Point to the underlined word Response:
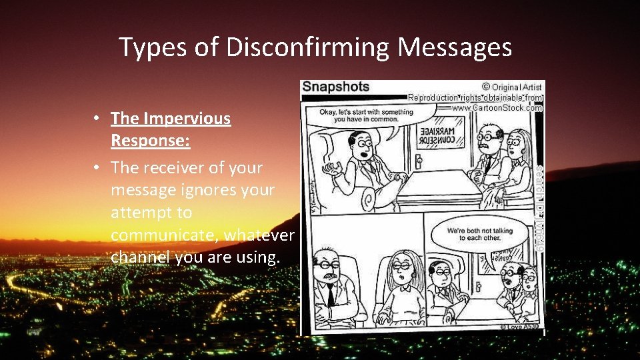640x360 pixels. point(151,141)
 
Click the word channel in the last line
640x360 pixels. point(139,257)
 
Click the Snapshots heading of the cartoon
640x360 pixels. point(336,87)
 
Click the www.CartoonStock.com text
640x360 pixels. point(497,107)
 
